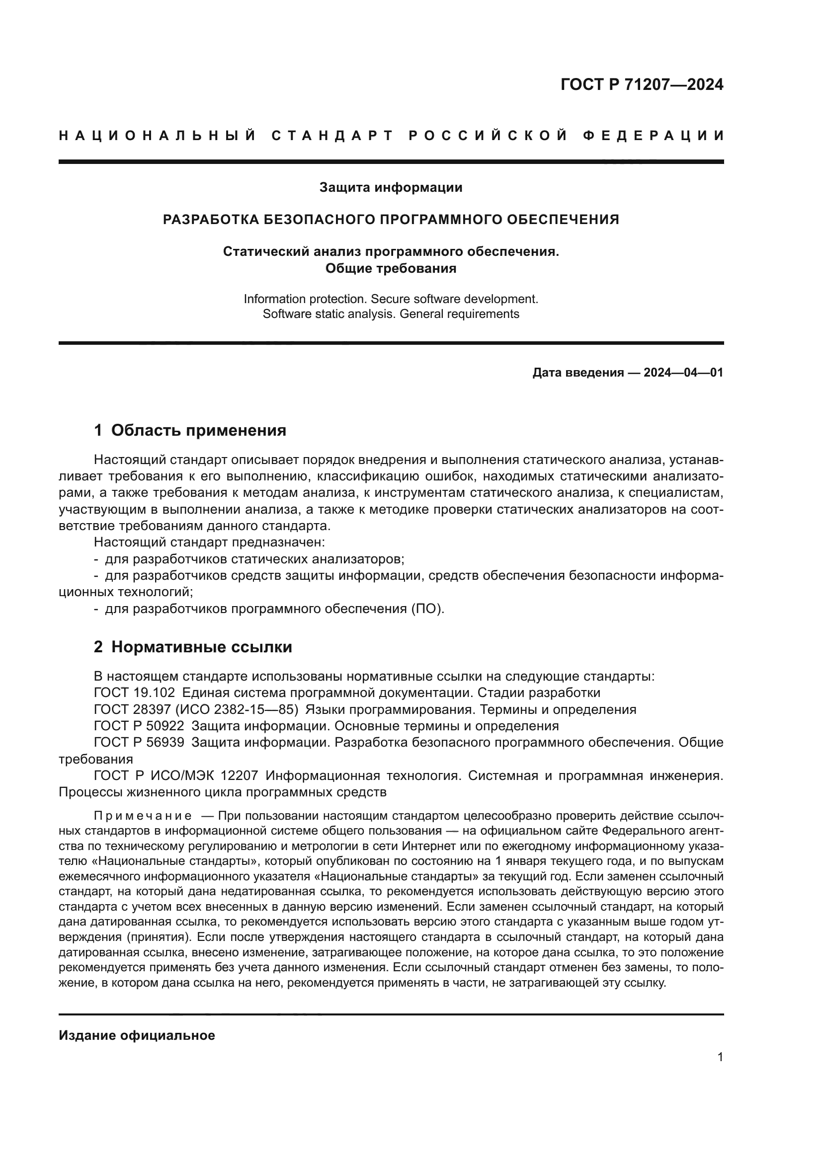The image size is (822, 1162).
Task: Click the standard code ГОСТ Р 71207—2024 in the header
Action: click(641, 84)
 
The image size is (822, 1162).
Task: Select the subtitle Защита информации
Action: click(390, 188)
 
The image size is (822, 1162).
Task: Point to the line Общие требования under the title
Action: click(390, 268)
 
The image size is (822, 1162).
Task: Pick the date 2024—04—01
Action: click(683, 373)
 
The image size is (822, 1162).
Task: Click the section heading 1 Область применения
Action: click(190, 431)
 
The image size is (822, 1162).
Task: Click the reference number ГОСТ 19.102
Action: click(134, 693)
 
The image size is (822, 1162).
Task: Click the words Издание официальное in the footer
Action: click(137, 1035)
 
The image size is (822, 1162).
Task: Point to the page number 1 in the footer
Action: click(720, 1057)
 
